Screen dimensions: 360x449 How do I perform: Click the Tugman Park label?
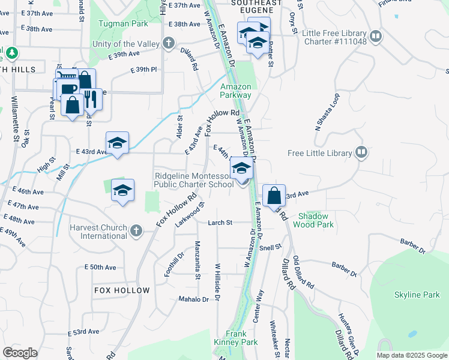pos(129,24)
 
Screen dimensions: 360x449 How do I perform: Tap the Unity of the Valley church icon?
pos(169,44)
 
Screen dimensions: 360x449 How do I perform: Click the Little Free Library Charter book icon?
pos(376,37)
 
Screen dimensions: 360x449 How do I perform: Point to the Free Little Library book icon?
pos(361,153)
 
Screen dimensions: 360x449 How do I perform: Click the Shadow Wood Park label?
pos(313,220)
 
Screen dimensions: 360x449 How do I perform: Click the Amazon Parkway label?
pos(235,91)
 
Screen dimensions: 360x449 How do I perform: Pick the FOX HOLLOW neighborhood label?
pos(122,290)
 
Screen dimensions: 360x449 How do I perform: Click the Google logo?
pos(20,353)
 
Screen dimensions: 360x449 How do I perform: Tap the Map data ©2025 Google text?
pos(412,355)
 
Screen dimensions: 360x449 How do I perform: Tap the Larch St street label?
pos(220,223)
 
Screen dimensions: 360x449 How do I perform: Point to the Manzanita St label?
pos(197,260)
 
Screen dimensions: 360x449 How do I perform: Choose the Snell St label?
pos(271,247)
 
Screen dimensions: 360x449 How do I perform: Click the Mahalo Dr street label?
pos(193,299)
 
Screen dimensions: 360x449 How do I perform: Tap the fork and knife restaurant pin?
pos(91,99)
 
